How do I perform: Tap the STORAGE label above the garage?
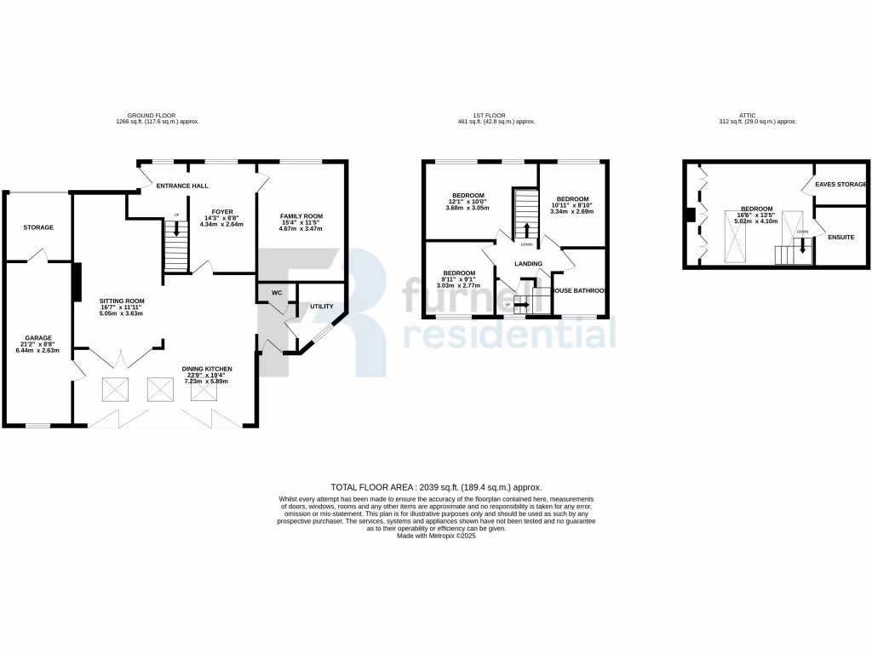[x=38, y=227]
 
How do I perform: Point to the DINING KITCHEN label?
[x=207, y=369]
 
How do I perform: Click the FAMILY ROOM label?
[x=301, y=216]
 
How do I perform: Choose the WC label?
[x=276, y=293]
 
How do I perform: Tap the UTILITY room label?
[x=321, y=306]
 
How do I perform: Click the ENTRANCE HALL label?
[x=182, y=185]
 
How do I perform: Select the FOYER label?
[x=209, y=211]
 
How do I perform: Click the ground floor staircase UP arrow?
[x=176, y=229]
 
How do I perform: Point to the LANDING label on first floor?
[x=528, y=264]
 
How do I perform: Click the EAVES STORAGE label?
[x=840, y=184]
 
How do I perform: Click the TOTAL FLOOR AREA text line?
[x=436, y=487]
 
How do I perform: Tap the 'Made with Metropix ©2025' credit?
[x=436, y=536]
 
